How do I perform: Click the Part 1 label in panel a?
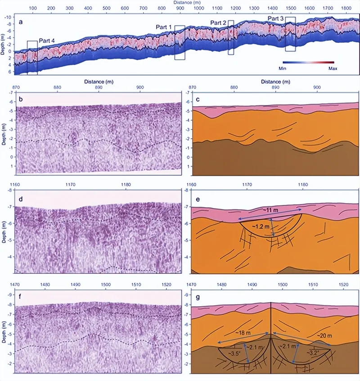coord(164,27)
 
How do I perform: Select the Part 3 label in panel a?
coord(276,18)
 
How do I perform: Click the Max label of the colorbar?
coord(333,68)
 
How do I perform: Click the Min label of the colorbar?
coord(283,68)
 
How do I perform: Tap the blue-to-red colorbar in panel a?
coord(308,62)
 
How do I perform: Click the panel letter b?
coord(21,97)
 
